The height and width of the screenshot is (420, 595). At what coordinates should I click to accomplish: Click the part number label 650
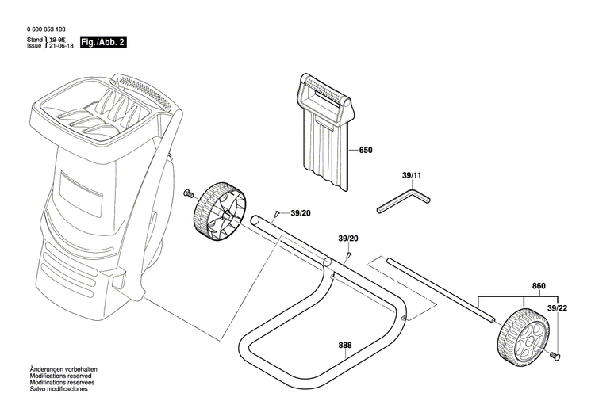[366, 150]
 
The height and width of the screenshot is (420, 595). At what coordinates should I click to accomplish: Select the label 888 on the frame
[345, 346]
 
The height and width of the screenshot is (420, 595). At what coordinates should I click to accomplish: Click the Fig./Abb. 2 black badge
[103, 41]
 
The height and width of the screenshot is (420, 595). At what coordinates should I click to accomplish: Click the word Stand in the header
[35, 39]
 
